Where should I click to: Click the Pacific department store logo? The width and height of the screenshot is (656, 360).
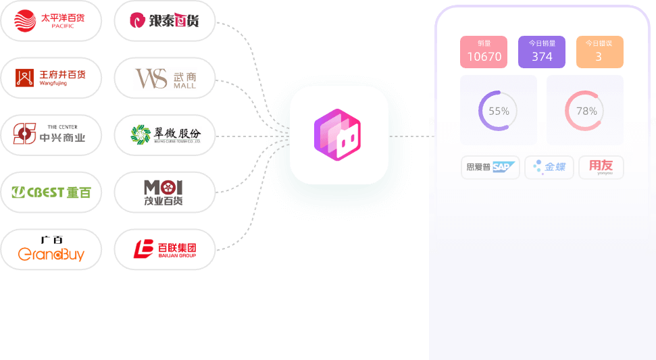51,21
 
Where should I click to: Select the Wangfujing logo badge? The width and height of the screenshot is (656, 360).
51,78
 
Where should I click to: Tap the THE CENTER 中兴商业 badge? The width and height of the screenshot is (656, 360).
51,134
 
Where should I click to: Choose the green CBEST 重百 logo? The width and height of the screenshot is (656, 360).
51,192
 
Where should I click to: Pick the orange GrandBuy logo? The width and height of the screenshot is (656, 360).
51,249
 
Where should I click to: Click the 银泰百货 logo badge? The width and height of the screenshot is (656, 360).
164,21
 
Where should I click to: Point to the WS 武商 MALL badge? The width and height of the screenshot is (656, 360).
164,78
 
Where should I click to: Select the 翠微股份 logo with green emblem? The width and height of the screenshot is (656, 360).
164,135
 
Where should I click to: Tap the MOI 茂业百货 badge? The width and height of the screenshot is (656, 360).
164,192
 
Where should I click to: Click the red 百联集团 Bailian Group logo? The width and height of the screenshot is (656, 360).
164,249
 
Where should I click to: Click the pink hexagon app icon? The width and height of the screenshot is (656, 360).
338,134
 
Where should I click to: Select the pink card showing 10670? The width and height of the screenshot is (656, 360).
484,52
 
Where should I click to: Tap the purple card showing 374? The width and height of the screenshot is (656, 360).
542,52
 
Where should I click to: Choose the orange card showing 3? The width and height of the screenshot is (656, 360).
599,52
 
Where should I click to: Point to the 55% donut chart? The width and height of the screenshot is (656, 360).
498,111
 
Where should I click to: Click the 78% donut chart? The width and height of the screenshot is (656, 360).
585,111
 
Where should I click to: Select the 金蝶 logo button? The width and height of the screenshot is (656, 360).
553,167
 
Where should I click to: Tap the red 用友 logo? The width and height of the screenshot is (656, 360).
601,167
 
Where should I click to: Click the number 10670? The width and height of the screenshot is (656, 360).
484,57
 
